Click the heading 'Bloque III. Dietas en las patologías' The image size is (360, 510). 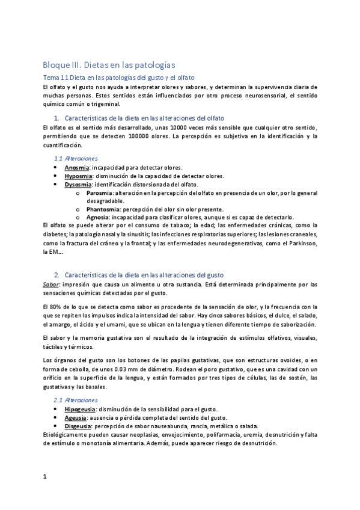click(109, 64)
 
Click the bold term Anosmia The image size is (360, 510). click(78, 167)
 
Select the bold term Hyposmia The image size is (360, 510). click(79, 176)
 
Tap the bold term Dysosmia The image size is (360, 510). click(78, 184)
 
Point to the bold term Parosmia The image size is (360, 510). click(99, 192)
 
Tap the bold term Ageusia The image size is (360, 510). click(76, 417)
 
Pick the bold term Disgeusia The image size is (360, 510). click(79, 426)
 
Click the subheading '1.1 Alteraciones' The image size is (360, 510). click(72, 158)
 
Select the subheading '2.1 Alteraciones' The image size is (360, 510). click(72, 400)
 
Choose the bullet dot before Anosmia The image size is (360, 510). click(56, 167)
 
